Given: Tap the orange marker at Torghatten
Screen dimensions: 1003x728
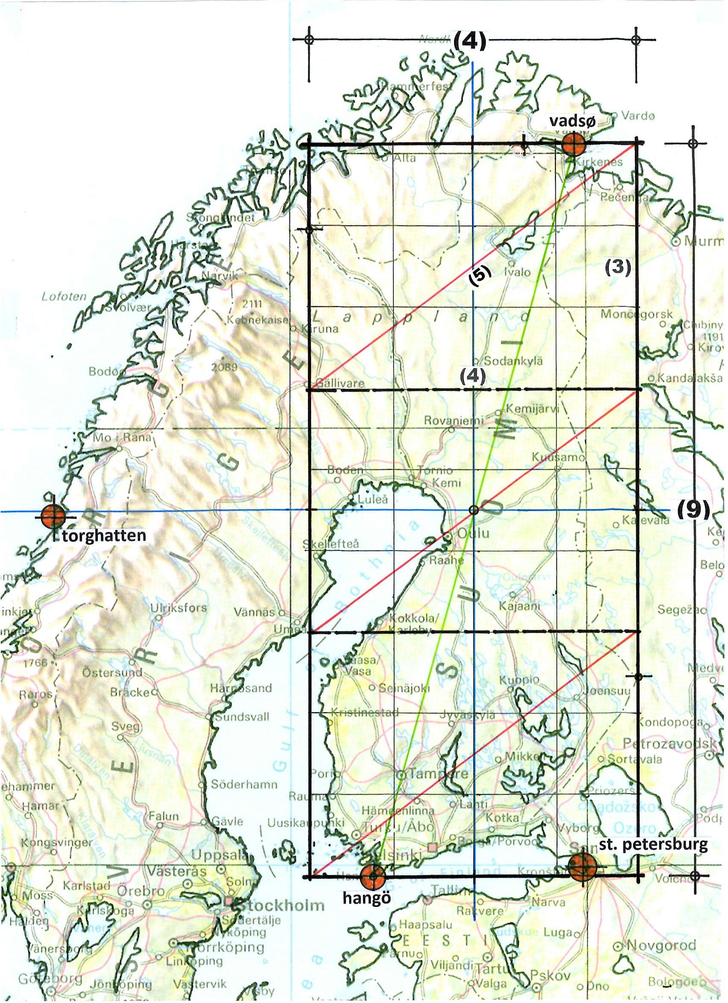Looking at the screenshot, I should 53,515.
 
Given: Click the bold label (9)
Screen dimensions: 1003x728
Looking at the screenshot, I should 692,511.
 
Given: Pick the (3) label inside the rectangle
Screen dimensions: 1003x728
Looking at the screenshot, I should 617,268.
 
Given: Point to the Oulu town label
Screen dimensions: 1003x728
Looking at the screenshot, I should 473,533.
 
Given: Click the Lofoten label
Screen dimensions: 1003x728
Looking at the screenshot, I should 64,296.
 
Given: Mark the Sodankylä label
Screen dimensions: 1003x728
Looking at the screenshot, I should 513,361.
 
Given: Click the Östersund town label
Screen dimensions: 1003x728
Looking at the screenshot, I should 112,672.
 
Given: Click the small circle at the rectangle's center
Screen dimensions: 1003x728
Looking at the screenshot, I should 473,510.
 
